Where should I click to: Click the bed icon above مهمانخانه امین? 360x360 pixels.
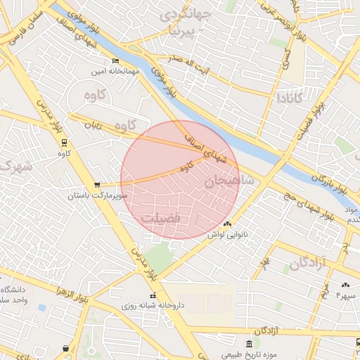(115, 60)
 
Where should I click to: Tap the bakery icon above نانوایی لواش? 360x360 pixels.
(226, 224)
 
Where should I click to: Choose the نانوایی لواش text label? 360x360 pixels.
(227, 234)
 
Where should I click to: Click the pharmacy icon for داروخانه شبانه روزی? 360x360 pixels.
(153, 295)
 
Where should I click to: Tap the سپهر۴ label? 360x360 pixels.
(347, 295)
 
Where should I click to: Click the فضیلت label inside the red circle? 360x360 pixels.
(161, 219)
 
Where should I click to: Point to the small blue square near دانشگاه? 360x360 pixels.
(42, 307)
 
